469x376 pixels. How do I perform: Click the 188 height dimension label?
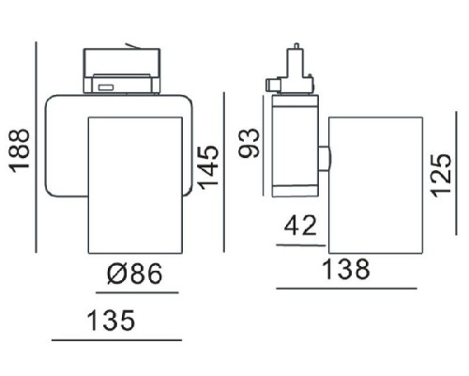[x=20, y=150]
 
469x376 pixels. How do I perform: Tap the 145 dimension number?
[x=209, y=167]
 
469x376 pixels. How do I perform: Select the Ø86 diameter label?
[x=135, y=274]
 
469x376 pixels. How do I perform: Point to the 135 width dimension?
[x=111, y=321]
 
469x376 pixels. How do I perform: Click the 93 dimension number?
[x=249, y=143]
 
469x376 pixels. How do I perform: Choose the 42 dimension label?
[x=300, y=226]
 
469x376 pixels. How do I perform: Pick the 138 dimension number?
[x=346, y=269]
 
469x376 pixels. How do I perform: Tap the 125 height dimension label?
[x=441, y=175]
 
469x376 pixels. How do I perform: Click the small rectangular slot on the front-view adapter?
[x=105, y=87]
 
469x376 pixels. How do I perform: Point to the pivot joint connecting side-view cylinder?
[x=325, y=158]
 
